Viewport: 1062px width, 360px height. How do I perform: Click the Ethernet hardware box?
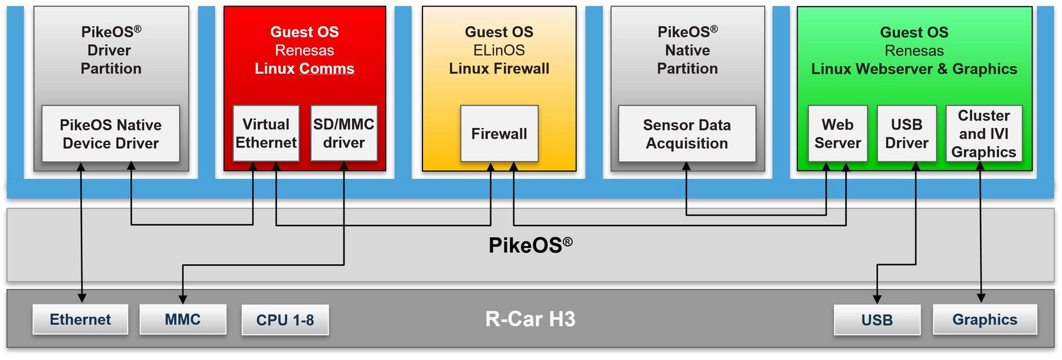80,320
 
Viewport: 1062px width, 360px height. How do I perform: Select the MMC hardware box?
183,320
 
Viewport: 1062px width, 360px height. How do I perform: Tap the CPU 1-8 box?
285,320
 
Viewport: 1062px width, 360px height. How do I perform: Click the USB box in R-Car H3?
877,320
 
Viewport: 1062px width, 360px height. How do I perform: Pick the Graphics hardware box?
985,320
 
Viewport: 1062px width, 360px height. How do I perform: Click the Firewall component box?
499,134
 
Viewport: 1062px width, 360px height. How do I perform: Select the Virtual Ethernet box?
266,134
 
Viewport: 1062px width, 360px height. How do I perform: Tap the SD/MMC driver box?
344,134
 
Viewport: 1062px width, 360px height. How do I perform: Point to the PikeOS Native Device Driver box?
111,134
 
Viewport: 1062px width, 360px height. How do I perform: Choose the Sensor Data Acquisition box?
687,134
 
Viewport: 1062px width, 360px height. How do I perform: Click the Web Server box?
838,134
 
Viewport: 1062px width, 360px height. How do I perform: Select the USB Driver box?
907,134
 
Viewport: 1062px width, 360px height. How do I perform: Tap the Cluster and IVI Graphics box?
984,134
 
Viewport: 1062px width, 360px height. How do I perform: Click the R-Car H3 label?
530,319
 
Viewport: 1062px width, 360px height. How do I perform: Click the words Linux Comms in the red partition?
304,69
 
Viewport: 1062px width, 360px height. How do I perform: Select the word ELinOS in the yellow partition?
499,51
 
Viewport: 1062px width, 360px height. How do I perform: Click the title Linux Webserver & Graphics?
914,69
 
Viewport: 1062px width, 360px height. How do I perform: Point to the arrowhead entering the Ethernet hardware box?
82,299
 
